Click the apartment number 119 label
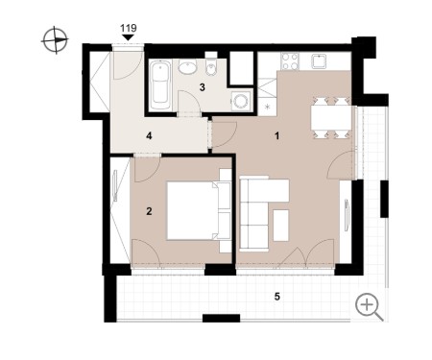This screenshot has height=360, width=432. [129, 28]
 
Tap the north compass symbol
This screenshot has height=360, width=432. [55, 40]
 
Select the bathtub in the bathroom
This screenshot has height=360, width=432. [160, 85]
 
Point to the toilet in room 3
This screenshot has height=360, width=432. [211, 65]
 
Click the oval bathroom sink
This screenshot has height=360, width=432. [187, 67]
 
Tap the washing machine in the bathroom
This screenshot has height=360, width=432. [241, 102]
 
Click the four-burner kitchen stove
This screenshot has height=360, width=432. [290, 61]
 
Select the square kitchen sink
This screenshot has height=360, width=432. [319, 61]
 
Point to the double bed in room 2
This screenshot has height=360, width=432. [199, 210]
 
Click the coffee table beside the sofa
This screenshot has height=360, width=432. [281, 226]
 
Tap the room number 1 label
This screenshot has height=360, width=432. [277, 136]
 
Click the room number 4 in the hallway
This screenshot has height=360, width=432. [149, 136]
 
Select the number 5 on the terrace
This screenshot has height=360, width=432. [277, 297]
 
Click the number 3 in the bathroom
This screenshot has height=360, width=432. [202, 87]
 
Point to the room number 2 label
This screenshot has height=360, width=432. [149, 211]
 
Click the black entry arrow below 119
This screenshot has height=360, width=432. [129, 37]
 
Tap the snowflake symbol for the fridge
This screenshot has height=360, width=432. [268, 107]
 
